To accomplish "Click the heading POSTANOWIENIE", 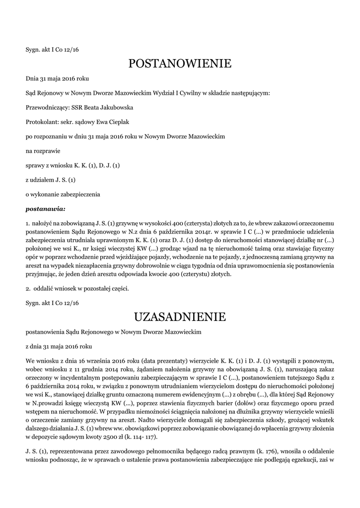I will click(x=180, y=63).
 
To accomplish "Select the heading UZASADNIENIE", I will click(x=180, y=317).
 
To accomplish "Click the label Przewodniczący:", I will click(x=48, y=107).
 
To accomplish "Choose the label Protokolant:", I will click(x=42, y=122).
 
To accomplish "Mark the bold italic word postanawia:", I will click(x=46, y=209).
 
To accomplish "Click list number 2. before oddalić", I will click(x=28, y=288).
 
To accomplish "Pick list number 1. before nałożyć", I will click(x=28, y=224).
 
